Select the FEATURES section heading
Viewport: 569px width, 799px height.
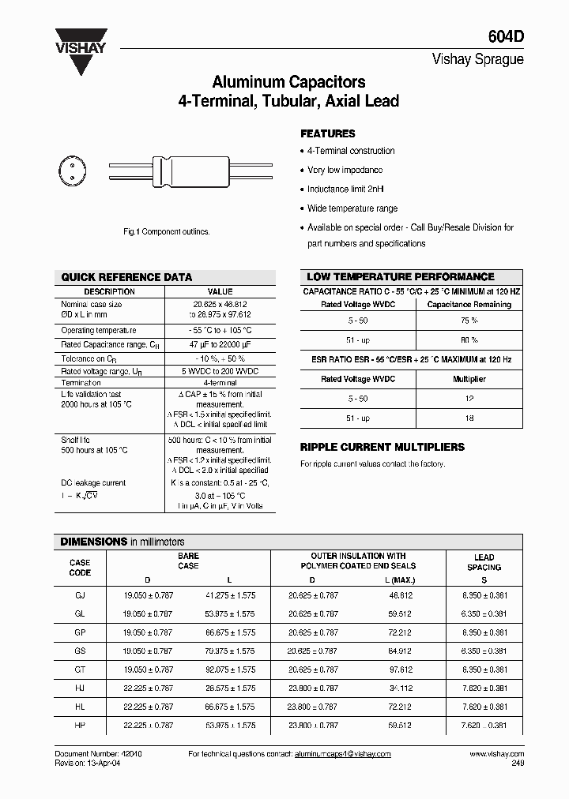coord(328,133)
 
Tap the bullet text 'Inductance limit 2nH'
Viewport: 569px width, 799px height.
coord(345,189)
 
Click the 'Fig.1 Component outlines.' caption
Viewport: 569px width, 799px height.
coord(167,231)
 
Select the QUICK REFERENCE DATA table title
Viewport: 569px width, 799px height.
coord(126,277)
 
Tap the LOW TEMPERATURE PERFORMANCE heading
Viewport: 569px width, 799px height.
coord(400,277)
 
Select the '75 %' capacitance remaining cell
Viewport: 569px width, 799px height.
coord(469,321)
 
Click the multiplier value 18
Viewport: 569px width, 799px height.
coord(469,418)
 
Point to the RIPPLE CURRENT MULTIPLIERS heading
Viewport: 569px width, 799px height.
coord(382,447)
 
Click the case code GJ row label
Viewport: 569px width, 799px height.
coord(80,595)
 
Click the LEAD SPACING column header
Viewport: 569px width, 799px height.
coord(484,562)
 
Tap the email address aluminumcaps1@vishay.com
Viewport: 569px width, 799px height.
coord(342,754)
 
